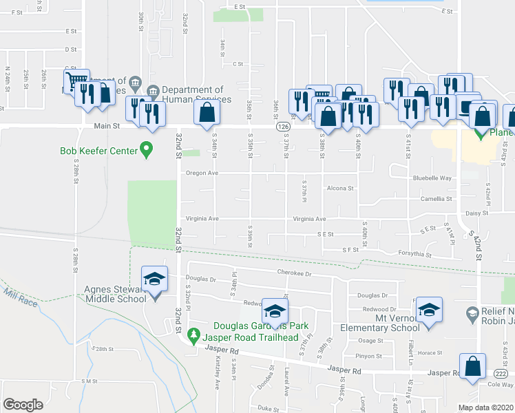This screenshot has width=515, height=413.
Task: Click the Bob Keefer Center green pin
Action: point(146,149)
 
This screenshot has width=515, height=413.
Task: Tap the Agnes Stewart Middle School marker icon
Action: point(154,279)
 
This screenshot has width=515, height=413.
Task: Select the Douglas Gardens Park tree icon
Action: point(194,335)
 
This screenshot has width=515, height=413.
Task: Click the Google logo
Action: point(23,405)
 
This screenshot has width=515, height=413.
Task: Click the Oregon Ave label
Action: point(202,173)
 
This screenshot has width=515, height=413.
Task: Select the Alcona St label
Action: point(340,188)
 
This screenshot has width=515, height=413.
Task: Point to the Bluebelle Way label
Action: point(432,178)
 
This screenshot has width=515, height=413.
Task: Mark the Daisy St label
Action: point(476,213)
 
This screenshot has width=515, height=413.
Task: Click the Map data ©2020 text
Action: point(485,407)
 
